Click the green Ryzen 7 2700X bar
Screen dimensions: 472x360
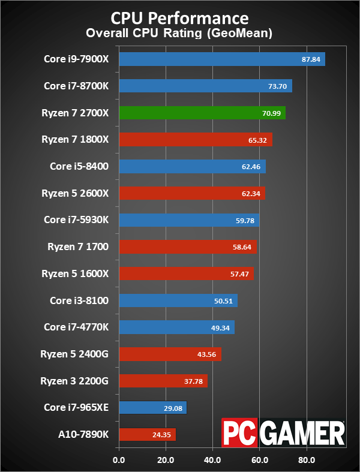point(202,113)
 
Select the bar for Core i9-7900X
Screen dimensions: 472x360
point(222,59)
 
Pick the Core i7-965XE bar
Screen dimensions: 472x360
point(153,408)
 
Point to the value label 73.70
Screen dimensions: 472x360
point(278,86)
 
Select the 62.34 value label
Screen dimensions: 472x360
point(250,193)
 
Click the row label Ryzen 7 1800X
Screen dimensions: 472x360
point(75,139)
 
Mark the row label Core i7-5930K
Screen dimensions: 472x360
point(76,220)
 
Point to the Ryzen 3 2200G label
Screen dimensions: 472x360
point(74,381)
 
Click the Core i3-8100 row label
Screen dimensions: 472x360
point(76,300)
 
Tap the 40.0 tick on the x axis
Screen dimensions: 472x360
point(212,461)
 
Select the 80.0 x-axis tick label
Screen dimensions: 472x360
point(306,461)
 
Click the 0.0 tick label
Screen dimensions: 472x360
point(119,461)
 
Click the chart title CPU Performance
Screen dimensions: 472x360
point(179,16)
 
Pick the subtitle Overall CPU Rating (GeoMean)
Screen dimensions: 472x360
point(179,33)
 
